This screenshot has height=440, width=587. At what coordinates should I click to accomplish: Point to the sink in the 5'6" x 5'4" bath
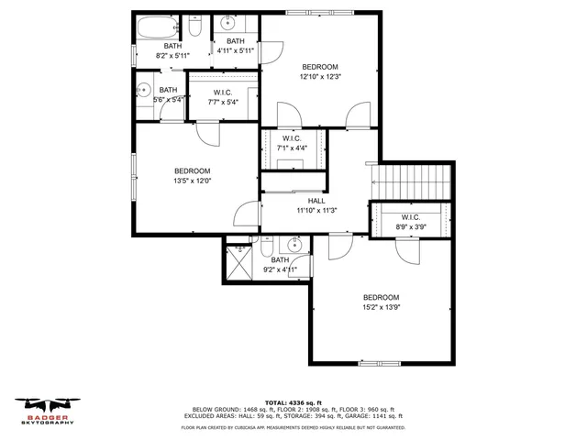[x=143, y=90]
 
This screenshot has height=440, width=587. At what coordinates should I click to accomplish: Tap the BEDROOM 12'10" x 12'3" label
[x=320, y=72]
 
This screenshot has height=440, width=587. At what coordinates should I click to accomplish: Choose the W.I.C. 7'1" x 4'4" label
[x=293, y=143]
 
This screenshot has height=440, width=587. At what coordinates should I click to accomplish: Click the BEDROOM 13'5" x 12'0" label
[x=193, y=176]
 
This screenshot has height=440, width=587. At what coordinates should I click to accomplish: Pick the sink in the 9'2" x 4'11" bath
[x=295, y=245]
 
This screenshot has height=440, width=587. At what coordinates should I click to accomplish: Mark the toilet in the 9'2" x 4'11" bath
[x=265, y=247]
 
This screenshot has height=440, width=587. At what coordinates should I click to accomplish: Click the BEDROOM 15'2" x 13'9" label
[x=381, y=302]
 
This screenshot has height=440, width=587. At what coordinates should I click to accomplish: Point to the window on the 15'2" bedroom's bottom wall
[x=381, y=364]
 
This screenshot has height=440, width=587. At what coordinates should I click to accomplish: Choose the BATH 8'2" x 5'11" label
[x=173, y=51]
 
